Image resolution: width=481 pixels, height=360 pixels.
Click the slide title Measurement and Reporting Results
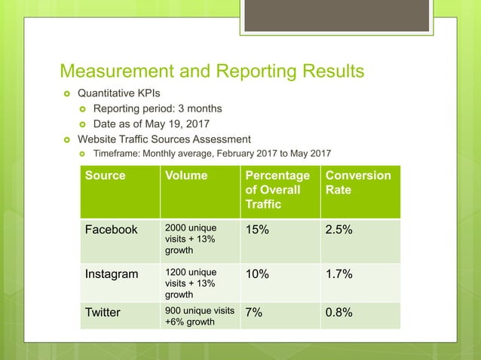pyautogui.click(x=212, y=72)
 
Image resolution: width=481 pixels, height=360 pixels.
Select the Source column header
pyautogui.click(x=106, y=175)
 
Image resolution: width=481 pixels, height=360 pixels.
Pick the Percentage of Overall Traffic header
pyautogui.click(x=271, y=190)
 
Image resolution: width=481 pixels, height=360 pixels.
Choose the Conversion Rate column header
pyautogui.click(x=358, y=183)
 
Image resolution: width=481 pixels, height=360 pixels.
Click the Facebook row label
pyautogui.click(x=112, y=230)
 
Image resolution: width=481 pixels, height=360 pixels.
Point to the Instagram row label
pyautogui.click(x=112, y=273)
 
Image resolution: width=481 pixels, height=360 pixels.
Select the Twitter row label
pyautogui.click(x=103, y=312)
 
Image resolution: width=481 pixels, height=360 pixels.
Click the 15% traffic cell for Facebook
pyautogui.click(x=256, y=230)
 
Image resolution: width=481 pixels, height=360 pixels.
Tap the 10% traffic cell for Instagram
pyautogui.click(x=256, y=273)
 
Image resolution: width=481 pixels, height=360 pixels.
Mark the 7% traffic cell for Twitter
pyautogui.click(x=253, y=312)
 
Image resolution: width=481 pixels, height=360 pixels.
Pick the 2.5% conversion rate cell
pyautogui.click(x=339, y=230)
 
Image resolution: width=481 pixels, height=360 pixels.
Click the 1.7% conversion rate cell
pyautogui.click(x=339, y=273)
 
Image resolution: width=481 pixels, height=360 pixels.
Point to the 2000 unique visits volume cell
pyautogui.click(x=191, y=238)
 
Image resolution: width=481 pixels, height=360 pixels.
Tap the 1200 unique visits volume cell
pyautogui.click(x=191, y=283)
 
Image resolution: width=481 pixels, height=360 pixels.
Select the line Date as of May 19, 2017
pyautogui.click(x=152, y=124)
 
